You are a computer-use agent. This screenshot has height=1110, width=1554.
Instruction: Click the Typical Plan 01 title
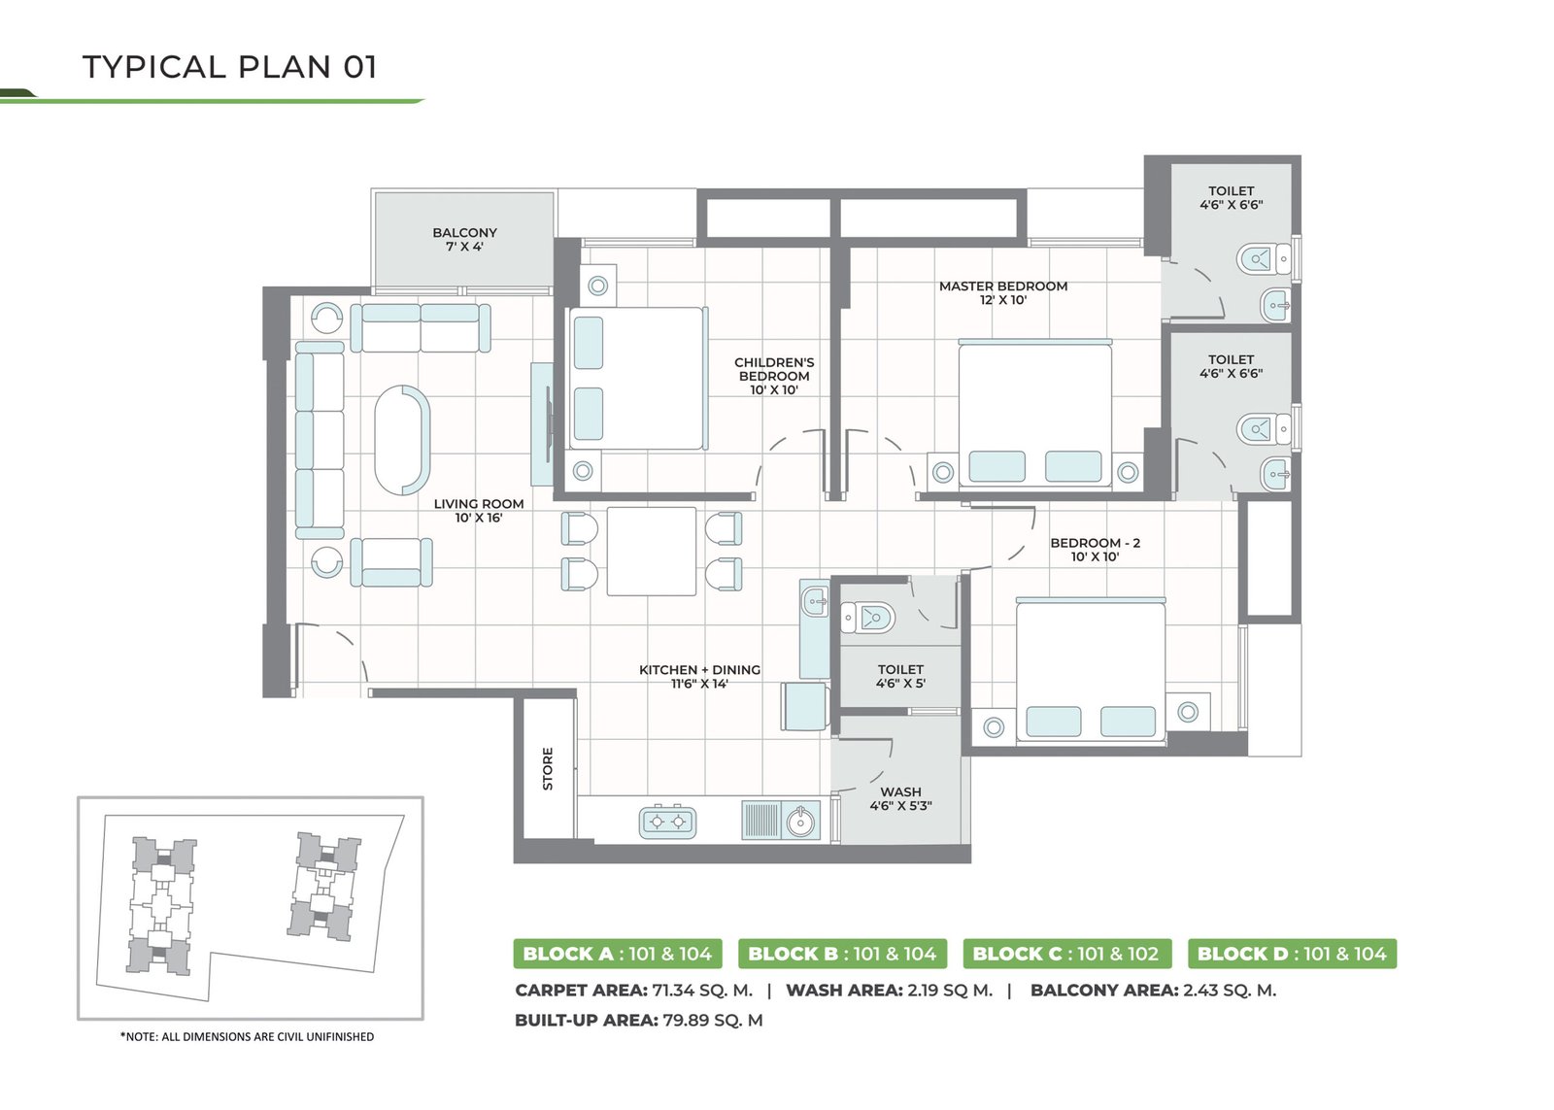click(x=229, y=67)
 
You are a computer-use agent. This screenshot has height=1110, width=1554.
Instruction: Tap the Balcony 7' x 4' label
click(x=465, y=239)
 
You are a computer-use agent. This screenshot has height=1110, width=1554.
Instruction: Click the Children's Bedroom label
click(x=774, y=376)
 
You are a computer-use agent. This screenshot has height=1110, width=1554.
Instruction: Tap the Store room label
click(x=548, y=769)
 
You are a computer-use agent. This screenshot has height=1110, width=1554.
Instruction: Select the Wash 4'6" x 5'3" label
click(x=900, y=798)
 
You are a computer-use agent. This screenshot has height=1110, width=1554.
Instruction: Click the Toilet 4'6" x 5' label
click(x=900, y=677)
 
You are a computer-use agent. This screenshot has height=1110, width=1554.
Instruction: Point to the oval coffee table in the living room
click(x=402, y=440)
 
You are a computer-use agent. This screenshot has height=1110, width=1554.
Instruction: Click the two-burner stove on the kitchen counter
click(x=667, y=823)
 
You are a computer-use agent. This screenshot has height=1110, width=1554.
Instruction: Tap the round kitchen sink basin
click(x=800, y=823)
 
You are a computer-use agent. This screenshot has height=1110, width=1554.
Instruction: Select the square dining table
click(x=652, y=551)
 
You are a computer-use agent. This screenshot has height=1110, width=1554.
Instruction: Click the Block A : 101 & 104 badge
click(x=618, y=954)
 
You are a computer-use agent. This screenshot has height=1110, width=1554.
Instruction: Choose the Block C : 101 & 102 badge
click(x=1067, y=954)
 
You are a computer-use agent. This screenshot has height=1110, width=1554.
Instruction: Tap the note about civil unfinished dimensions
click(x=247, y=1037)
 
